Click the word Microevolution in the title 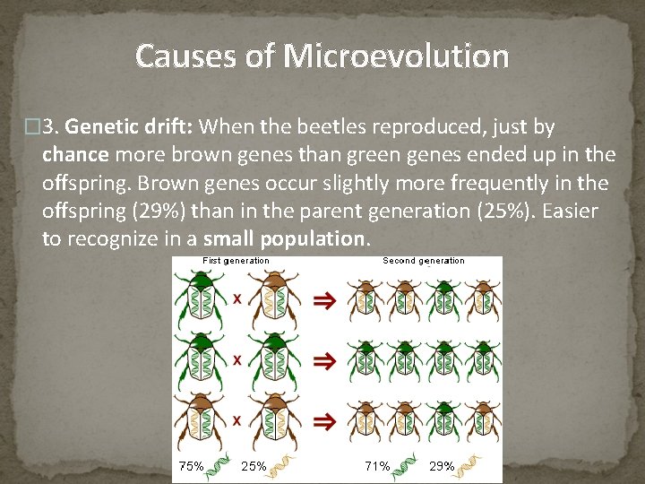396,56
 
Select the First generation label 236,261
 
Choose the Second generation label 423,261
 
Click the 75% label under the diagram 192,466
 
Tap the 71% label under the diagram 376,466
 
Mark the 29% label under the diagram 442,466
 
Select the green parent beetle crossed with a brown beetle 205,300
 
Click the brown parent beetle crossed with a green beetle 269,300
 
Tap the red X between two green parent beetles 236,359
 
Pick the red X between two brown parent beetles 236,419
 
